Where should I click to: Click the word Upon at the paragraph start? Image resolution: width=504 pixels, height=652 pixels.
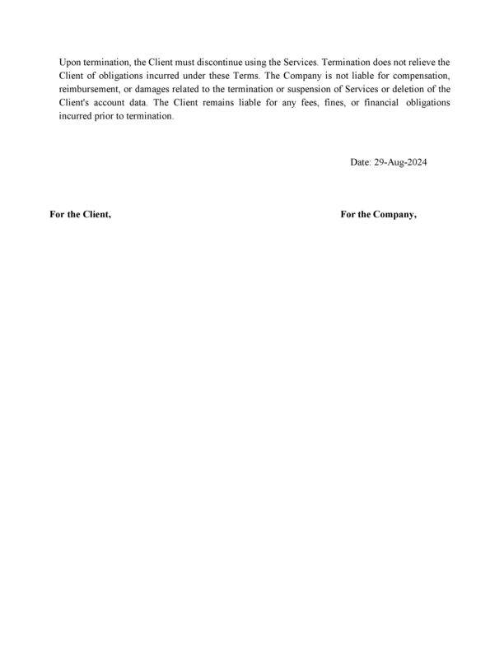pyautogui.click(x=70, y=63)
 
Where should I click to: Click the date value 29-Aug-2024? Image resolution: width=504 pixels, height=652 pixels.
pyautogui.click(x=401, y=162)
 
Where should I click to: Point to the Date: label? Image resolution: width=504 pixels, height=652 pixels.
pyautogui.click(x=361, y=162)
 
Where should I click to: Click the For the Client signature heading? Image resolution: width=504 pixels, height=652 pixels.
pyautogui.click(x=80, y=214)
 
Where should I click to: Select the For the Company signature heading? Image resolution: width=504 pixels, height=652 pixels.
pyautogui.click(x=378, y=214)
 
